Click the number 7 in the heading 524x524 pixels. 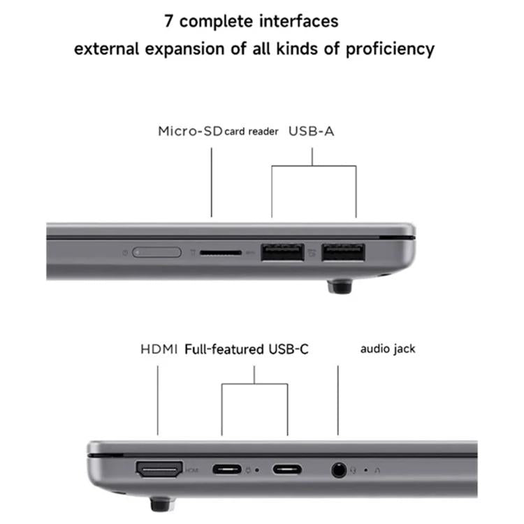(x=169, y=21)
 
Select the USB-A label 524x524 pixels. (x=312, y=131)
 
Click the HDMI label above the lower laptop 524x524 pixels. (x=159, y=349)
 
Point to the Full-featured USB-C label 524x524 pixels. (x=247, y=349)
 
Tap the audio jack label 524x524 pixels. (x=388, y=348)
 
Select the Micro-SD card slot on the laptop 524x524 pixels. (x=221, y=252)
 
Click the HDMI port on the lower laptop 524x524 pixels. (x=158, y=469)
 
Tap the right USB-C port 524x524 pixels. (x=287, y=469)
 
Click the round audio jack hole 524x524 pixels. (x=339, y=470)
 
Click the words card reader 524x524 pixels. (x=252, y=131)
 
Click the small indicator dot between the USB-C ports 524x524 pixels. (x=258, y=470)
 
